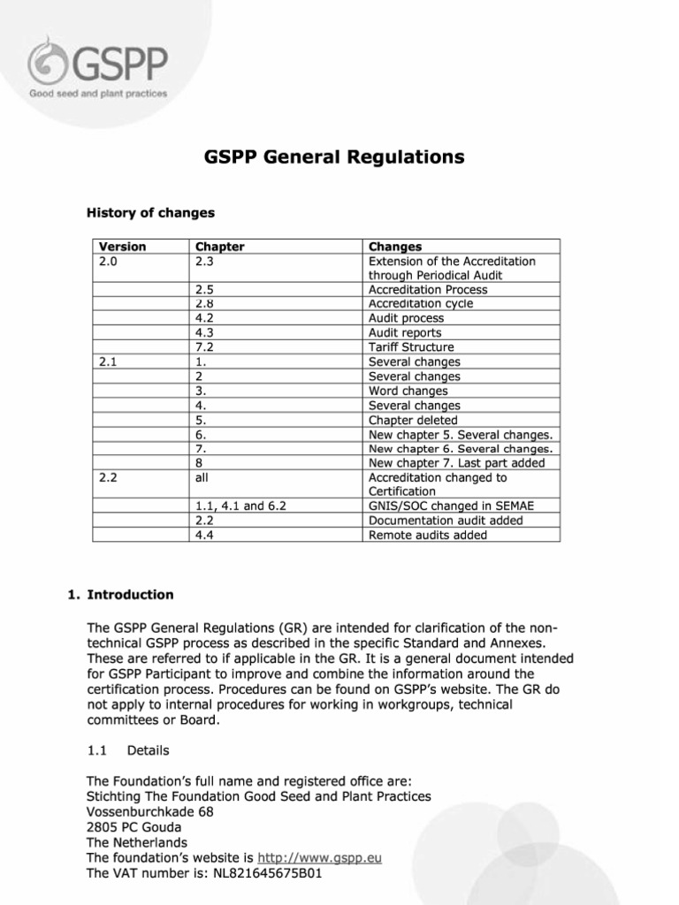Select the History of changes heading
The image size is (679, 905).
149,213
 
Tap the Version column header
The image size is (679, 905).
122,247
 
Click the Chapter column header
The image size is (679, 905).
219,247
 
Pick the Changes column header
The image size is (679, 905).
394,247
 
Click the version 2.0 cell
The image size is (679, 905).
111,261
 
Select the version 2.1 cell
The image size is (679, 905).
111,361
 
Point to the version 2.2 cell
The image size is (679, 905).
111,477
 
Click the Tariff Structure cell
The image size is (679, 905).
411,347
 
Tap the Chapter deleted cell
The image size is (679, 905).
413,420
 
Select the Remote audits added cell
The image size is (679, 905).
427,535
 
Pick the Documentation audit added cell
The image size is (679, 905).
445,521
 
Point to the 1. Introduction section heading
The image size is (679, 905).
120,595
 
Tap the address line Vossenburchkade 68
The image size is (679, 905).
149,811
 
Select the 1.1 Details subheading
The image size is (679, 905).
128,750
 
